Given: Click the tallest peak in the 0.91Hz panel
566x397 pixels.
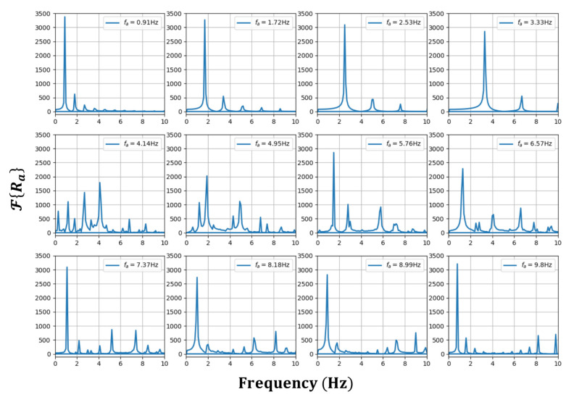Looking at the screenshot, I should click(x=64, y=17).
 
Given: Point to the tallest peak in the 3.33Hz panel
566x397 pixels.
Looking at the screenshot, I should click(x=484, y=31).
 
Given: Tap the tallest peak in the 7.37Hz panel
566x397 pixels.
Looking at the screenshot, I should click(x=67, y=267).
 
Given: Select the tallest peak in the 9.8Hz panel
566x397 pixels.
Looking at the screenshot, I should click(x=457, y=264).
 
